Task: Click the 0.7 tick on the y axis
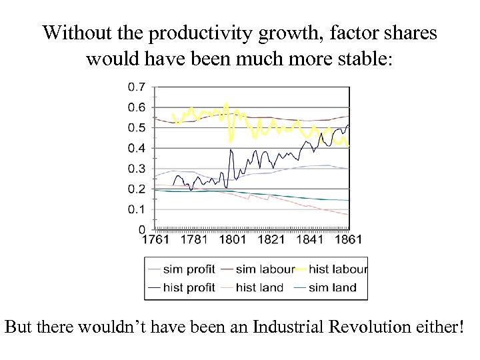coord(137,87)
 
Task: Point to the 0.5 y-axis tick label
coord(137,128)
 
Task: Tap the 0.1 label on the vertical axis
coord(137,209)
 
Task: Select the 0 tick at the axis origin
coord(141,229)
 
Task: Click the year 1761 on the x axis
coord(155,239)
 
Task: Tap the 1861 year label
coord(348,239)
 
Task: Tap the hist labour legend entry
coord(338,269)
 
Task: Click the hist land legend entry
coord(259,287)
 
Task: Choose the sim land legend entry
coord(332,287)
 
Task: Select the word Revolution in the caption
coord(374,328)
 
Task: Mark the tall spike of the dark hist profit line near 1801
coord(231,150)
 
